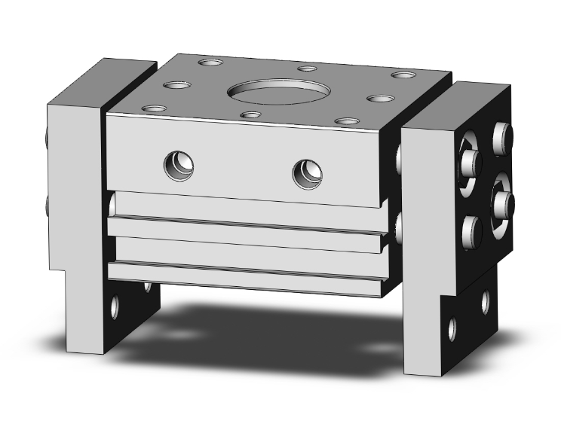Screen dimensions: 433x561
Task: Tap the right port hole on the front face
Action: (307, 173)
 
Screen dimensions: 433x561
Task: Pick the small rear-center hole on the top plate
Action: (306, 69)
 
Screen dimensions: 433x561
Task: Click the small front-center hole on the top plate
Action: (250, 116)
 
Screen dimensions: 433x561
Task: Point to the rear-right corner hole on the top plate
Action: (403, 76)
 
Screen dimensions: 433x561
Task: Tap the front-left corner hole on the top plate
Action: (155, 109)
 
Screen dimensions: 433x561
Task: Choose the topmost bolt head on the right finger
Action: (503, 135)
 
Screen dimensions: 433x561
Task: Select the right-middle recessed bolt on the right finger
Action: (502, 200)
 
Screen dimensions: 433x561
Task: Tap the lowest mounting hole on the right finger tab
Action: (452, 329)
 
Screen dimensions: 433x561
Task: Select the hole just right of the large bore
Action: (379, 99)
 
